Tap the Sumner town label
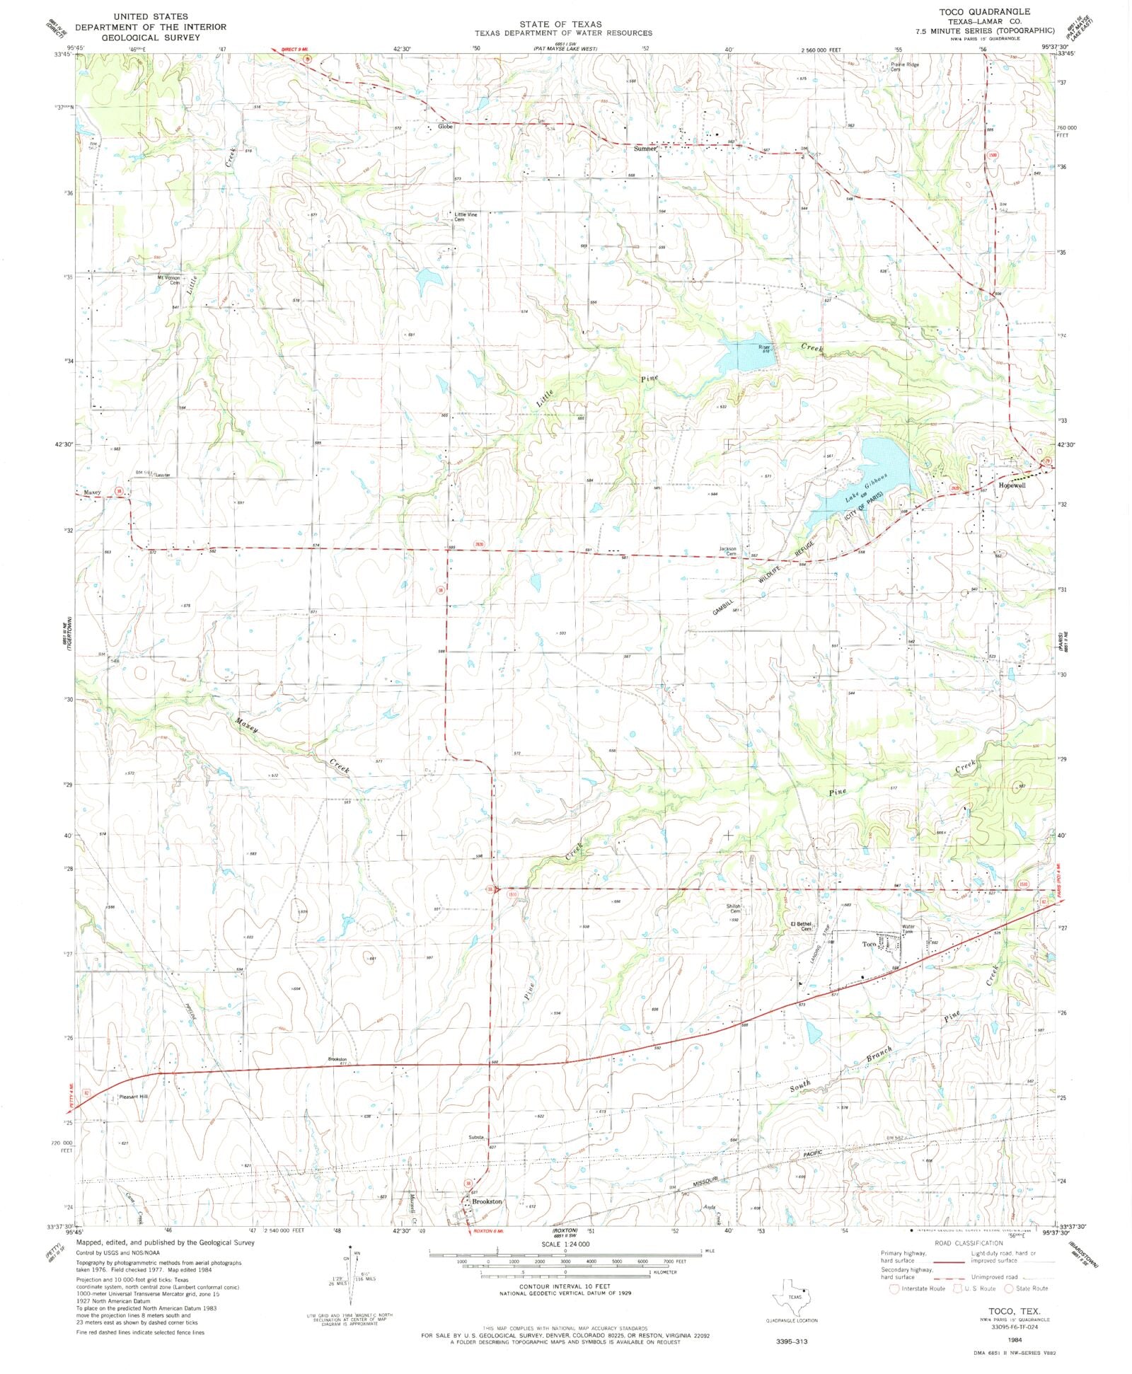pyautogui.click(x=645, y=149)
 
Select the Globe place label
pyautogui.click(x=445, y=127)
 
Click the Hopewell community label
pyautogui.click(x=1012, y=485)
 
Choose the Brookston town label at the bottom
pyautogui.click(x=487, y=1201)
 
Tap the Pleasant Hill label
pyautogui.click(x=134, y=1097)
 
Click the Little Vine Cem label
pyautogui.click(x=466, y=217)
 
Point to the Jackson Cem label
pyautogui.click(x=728, y=550)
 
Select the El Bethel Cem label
pyautogui.click(x=801, y=925)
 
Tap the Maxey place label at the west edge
pyautogui.click(x=93, y=492)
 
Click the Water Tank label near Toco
pyautogui.click(x=908, y=928)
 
